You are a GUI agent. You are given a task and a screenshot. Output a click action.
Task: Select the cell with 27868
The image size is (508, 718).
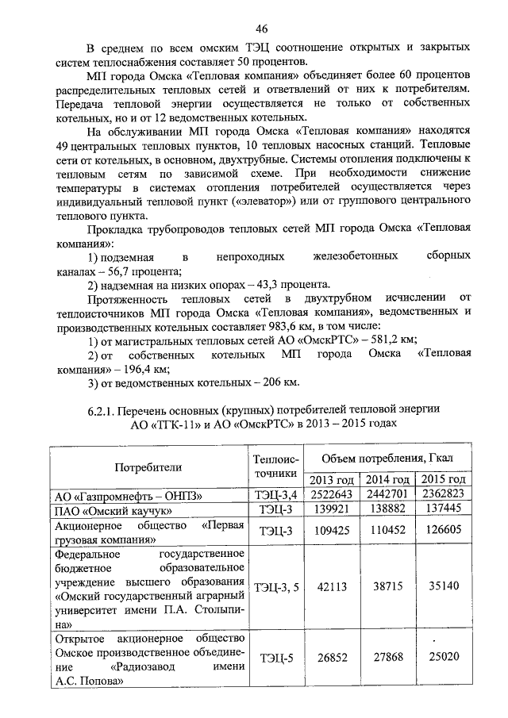387,658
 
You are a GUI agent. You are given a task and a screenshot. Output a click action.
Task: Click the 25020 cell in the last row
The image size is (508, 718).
443,658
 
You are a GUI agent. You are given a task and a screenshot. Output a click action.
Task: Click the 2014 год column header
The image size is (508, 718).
387,480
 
